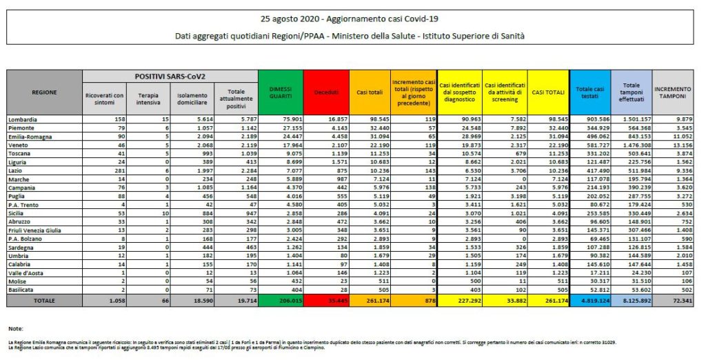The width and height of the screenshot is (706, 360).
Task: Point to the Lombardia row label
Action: click(x=23, y=119)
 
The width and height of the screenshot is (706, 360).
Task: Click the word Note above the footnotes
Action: click(x=17, y=328)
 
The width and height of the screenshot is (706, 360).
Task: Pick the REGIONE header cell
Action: click(x=44, y=92)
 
